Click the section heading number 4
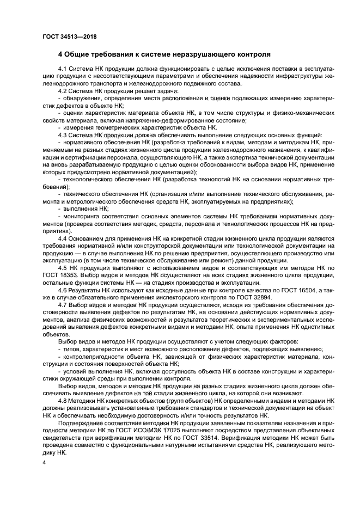click(60, 55)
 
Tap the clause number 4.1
click(62, 70)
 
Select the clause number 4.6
click(62, 292)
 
